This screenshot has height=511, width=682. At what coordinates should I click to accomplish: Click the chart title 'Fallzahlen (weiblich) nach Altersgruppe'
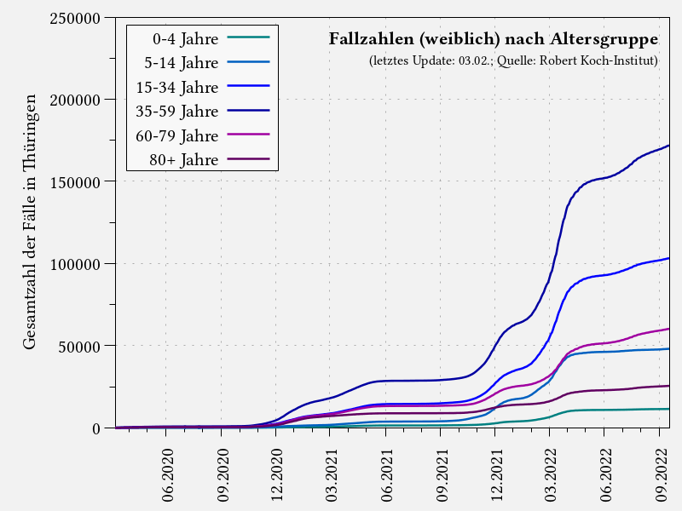[493, 39]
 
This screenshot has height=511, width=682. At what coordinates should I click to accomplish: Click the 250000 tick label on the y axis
[76, 18]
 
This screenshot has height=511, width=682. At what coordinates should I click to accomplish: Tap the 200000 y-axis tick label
[76, 100]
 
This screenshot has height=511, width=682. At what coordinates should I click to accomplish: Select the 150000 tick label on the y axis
[76, 181]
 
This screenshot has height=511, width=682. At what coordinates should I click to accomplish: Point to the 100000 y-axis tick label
[76, 264]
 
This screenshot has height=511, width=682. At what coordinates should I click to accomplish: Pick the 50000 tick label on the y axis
[80, 346]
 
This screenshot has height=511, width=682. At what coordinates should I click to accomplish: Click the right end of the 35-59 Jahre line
[668, 146]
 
